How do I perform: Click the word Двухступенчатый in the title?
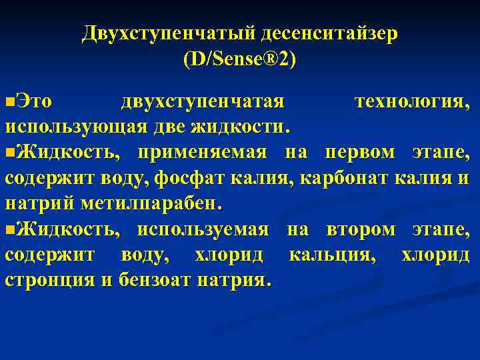(169, 33)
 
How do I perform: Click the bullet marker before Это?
(9, 102)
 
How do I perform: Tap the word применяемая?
(202, 153)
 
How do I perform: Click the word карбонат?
(345, 178)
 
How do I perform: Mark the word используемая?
(203, 229)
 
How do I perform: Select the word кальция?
(334, 255)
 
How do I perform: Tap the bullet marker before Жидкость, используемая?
(9, 230)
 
